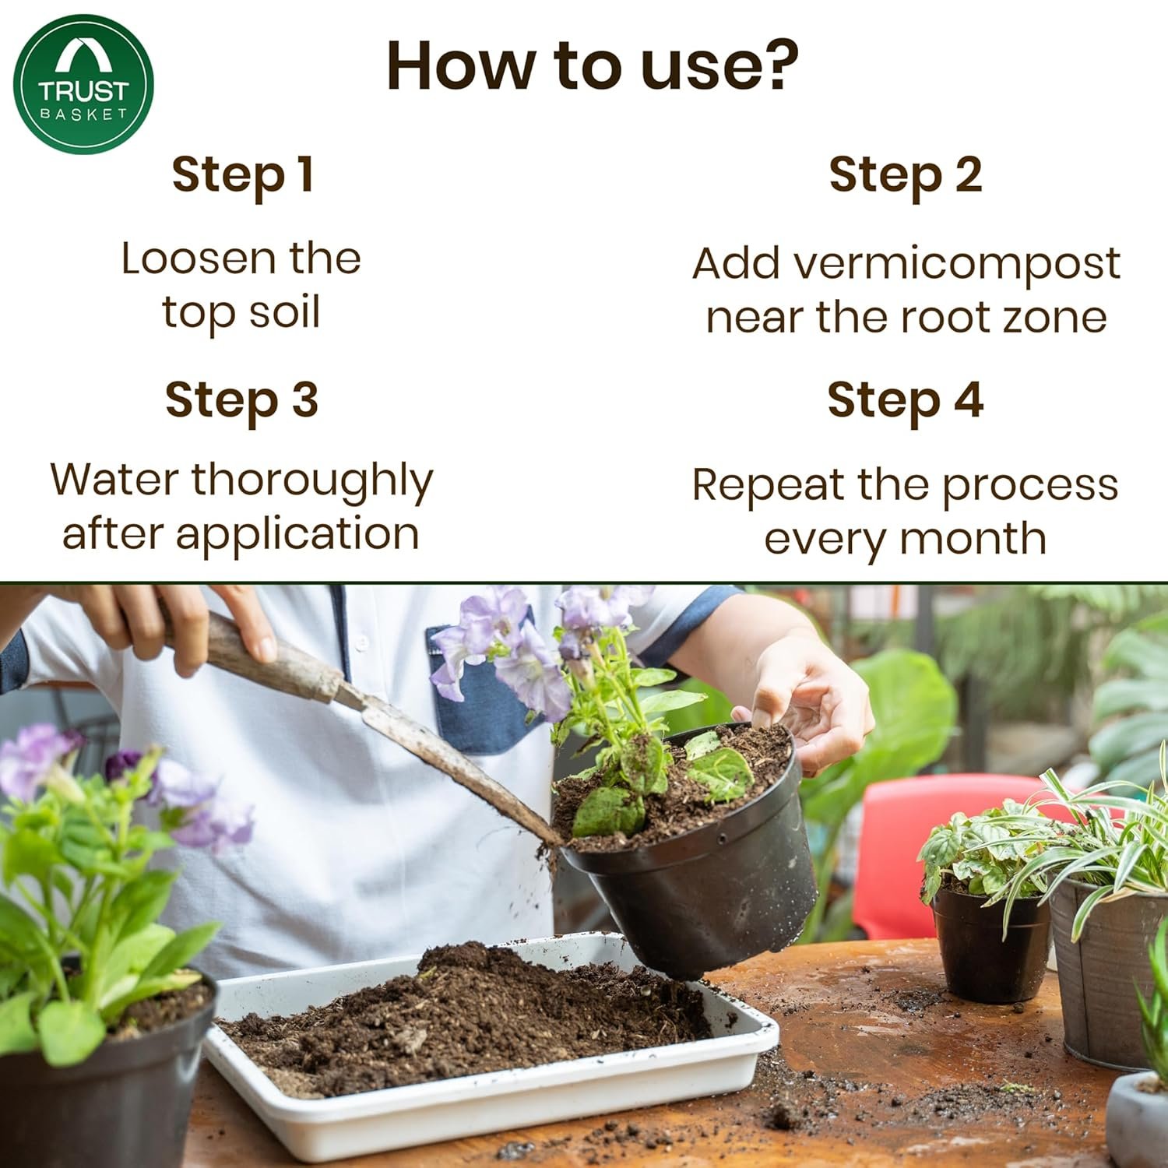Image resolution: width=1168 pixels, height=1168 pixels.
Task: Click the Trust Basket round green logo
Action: point(83,84)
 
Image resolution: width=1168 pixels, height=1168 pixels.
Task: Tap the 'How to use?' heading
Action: point(592,65)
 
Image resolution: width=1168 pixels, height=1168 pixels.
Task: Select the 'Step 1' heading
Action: point(242,174)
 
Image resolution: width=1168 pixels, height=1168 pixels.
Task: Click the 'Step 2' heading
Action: point(905,174)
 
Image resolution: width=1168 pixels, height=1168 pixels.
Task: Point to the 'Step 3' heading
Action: point(241,400)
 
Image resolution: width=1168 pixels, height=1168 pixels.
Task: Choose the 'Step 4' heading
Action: point(905,400)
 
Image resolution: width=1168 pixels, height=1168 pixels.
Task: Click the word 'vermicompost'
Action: point(956,265)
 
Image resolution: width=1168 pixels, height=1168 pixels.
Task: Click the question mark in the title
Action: point(776,65)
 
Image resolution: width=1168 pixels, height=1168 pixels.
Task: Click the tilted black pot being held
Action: point(701,888)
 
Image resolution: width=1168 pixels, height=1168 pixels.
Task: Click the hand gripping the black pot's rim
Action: point(810,701)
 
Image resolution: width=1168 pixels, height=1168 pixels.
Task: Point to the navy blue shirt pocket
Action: point(475,701)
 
